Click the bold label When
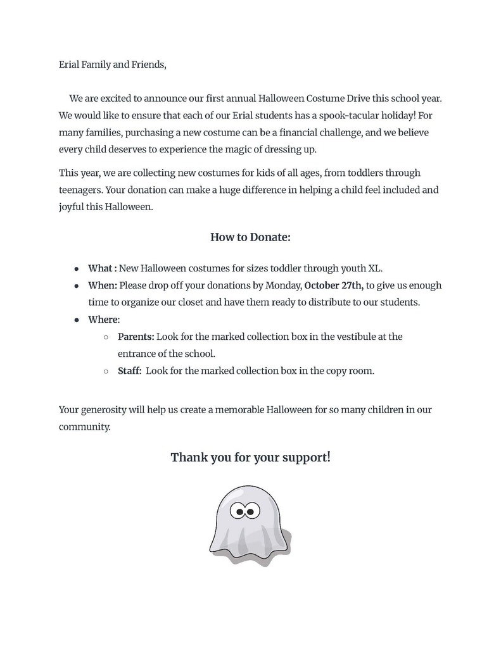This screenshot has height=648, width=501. [x=103, y=285]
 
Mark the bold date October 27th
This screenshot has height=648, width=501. [x=334, y=285]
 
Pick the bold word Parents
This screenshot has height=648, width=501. [x=136, y=337]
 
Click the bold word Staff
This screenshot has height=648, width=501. [x=130, y=371]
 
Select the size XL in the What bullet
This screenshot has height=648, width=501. [x=375, y=268]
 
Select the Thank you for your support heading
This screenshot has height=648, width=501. [x=250, y=456]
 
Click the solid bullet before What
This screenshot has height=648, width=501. [x=77, y=269]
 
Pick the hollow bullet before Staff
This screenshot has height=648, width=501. [x=106, y=371]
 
